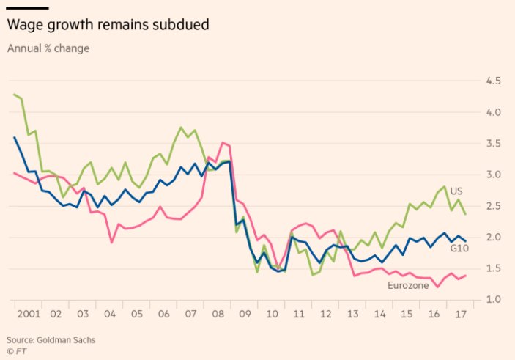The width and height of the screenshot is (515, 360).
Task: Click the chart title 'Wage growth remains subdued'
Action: [x=108, y=25]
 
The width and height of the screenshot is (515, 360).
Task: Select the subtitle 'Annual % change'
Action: [x=48, y=48]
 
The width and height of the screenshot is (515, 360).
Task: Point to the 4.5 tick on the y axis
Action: [x=493, y=81]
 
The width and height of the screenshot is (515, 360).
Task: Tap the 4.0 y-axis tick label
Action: [x=493, y=112]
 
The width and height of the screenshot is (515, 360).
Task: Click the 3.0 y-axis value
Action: [x=493, y=175]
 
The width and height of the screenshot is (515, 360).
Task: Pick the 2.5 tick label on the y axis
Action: [x=493, y=206]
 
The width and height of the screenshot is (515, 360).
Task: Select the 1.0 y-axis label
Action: [x=493, y=300]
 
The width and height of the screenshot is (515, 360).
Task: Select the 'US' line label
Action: [x=456, y=191]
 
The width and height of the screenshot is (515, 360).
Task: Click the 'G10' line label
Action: [x=460, y=249]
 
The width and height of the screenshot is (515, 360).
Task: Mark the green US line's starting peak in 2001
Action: [x=14, y=94]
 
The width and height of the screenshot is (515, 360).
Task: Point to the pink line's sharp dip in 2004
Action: [x=111, y=242]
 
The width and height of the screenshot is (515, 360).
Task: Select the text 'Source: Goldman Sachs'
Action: [x=51, y=339]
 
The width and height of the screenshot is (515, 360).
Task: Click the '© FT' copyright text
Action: [x=17, y=350]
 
